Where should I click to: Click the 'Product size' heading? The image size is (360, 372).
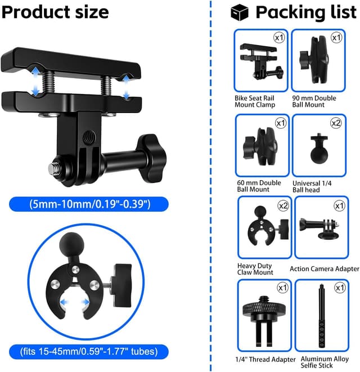[x=55, y=12]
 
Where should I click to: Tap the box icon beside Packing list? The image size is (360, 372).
[x=239, y=12]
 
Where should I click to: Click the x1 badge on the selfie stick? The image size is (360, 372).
[x=339, y=288]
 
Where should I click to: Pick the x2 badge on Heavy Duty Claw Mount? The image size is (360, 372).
[x=283, y=206]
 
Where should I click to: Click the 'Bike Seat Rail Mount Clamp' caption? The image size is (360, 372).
[x=255, y=101]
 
